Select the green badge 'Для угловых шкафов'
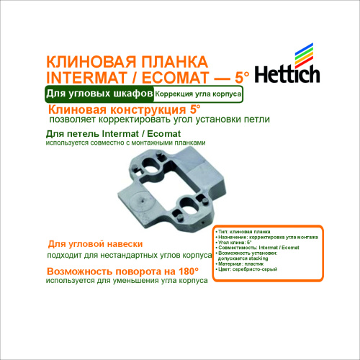pyautogui.click(x=98, y=94)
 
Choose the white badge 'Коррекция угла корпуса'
pyautogui.click(x=197, y=95)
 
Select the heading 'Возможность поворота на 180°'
pyautogui.click(x=122, y=272)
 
